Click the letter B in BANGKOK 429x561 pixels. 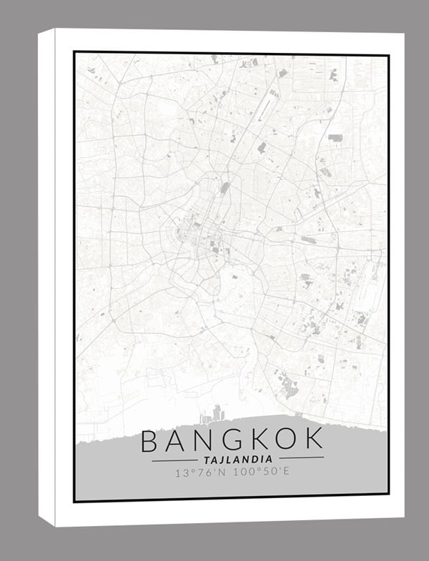click(x=151, y=441)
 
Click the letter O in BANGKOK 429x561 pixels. click(x=287, y=441)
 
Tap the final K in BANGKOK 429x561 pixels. click(x=314, y=441)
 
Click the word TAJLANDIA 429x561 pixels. click(x=237, y=459)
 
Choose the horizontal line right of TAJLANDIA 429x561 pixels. click(x=300, y=458)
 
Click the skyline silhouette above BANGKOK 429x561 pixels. click(x=214, y=414)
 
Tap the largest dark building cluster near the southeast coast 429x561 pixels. click(x=290, y=387)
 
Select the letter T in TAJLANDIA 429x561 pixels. click(x=207, y=459)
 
